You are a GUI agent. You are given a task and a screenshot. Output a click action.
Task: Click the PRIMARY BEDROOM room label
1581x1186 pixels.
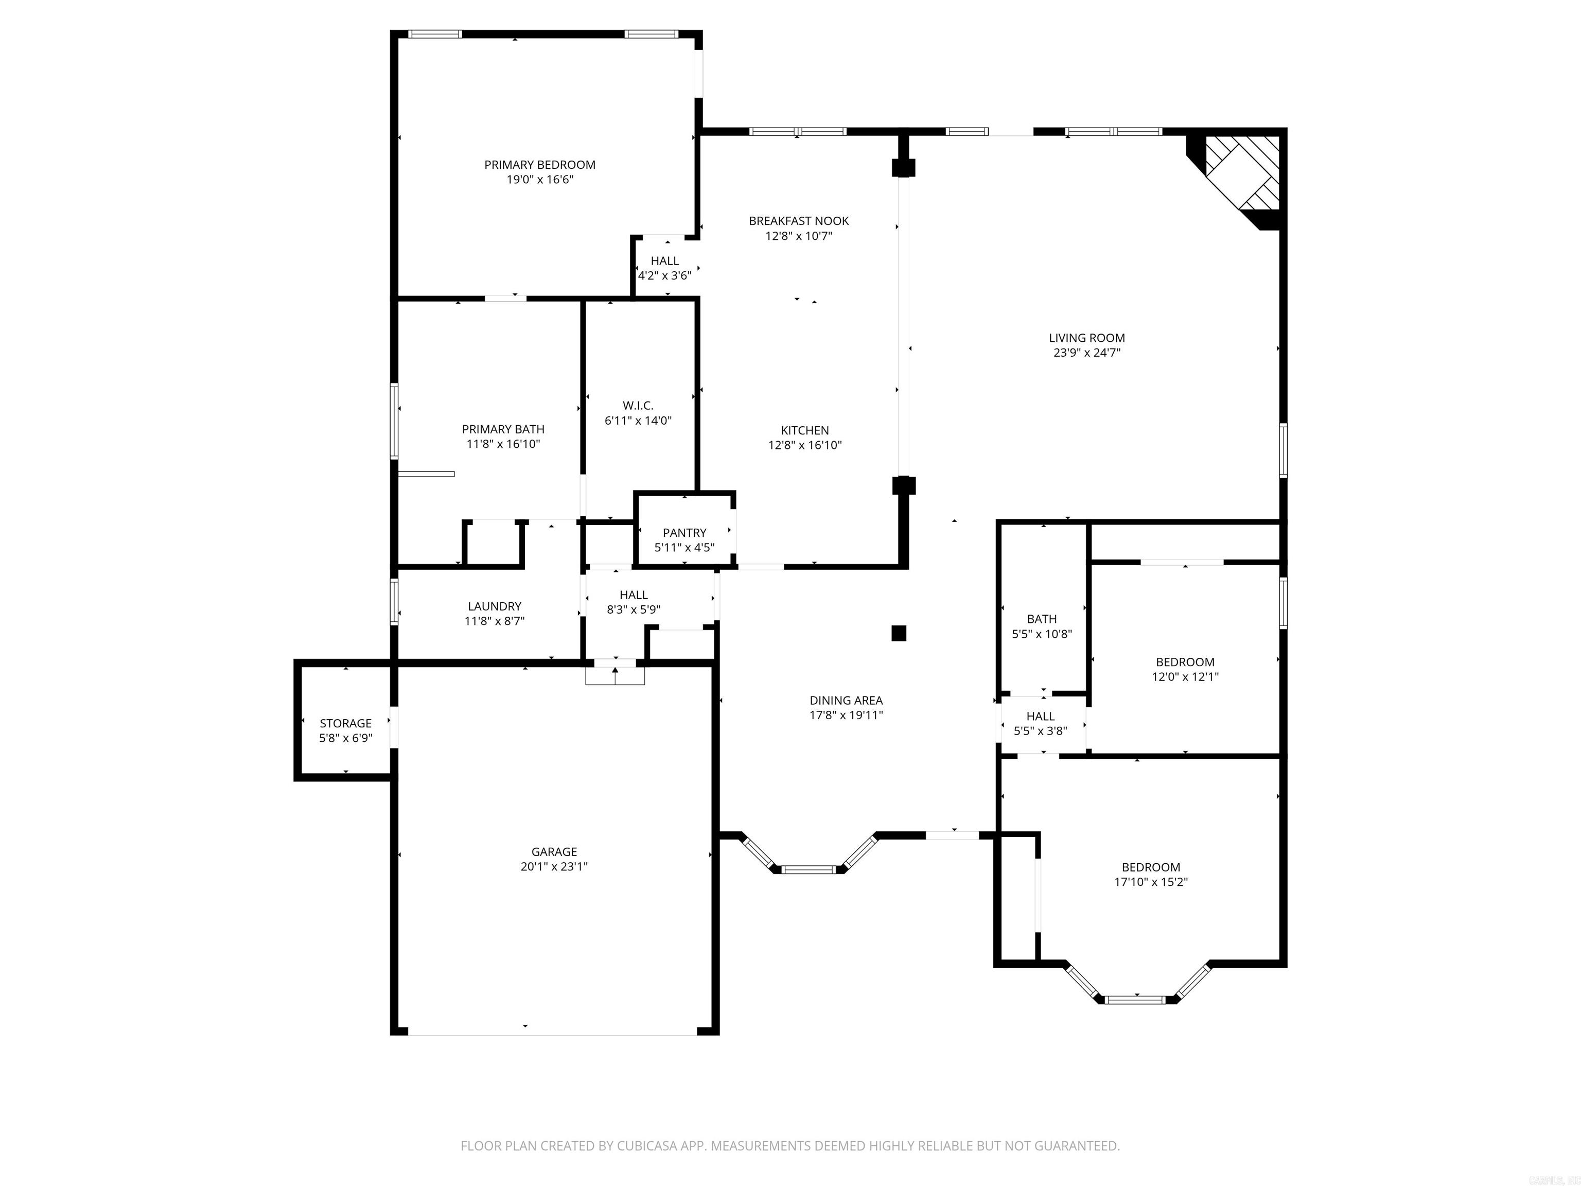[540, 164]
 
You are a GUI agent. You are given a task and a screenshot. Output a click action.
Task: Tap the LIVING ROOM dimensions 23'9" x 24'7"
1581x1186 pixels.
[1086, 353]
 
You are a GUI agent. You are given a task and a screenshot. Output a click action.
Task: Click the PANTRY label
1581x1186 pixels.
[684, 533]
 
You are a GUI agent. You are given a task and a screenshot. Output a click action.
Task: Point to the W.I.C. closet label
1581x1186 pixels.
[638, 405]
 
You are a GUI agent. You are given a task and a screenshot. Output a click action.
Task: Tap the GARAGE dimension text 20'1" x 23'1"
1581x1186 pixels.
[554, 866]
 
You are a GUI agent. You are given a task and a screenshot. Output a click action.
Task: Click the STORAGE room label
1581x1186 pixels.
[345, 723]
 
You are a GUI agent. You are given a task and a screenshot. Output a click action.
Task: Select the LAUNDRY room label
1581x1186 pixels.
[495, 606]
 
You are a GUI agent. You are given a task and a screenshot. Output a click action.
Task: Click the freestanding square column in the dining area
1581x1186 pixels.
[899, 633]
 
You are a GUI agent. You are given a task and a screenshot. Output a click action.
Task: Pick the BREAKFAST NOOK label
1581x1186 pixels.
[798, 221]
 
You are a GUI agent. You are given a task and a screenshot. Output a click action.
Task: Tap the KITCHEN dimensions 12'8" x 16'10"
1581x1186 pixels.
[805, 445]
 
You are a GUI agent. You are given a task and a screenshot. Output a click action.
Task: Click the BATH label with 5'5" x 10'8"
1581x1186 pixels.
[1041, 619]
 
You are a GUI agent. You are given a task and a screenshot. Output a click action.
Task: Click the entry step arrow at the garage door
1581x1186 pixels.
[614, 672]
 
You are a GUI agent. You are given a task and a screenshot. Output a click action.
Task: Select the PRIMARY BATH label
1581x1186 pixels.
[502, 429]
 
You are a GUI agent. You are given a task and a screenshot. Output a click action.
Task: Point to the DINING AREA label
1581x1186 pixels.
[846, 701]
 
